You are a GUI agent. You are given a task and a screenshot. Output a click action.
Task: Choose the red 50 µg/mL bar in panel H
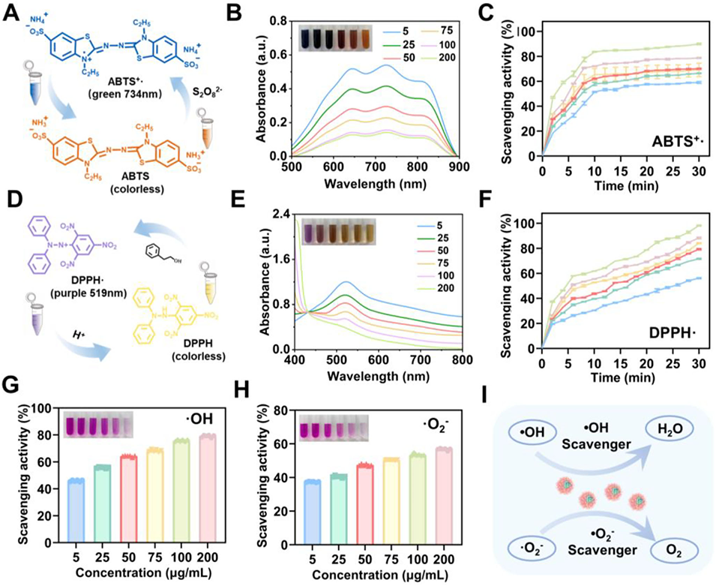click(364, 509)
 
